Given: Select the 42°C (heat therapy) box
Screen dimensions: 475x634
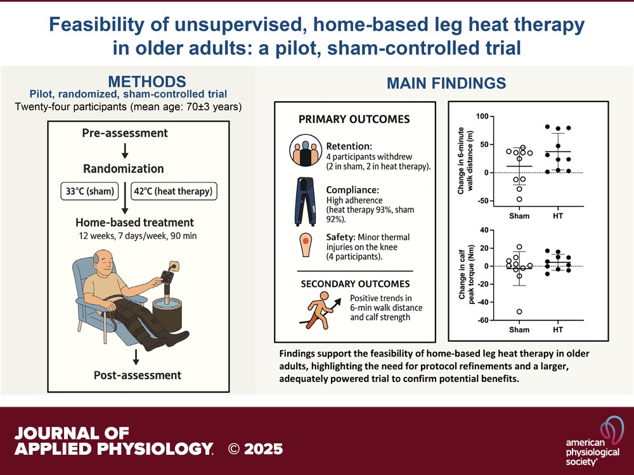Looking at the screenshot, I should tap(170, 191).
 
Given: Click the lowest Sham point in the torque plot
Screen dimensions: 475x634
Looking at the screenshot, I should tap(519, 312).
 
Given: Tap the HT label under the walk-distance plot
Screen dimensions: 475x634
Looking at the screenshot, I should tap(558, 215).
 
